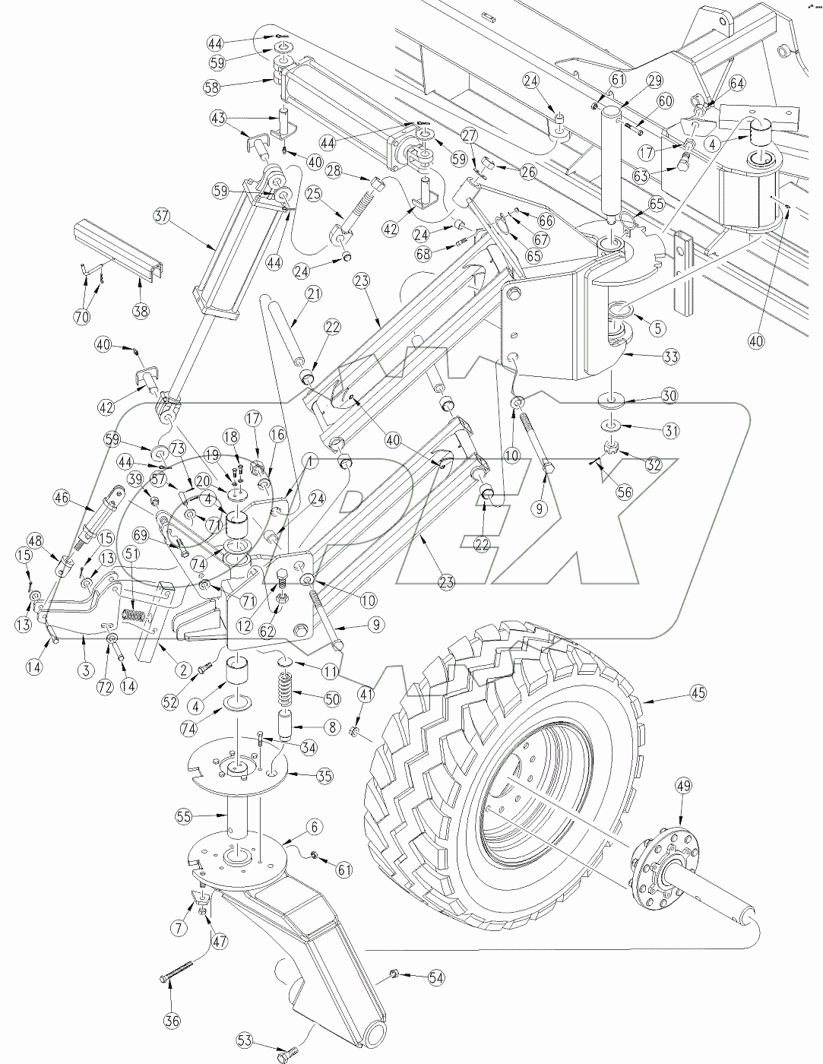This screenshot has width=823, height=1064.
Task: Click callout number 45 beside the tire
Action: [698, 692]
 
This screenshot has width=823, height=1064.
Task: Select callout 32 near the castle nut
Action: [651, 464]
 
